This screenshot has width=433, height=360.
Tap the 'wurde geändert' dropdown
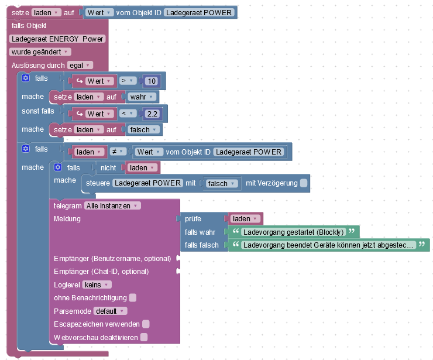(x=40, y=52)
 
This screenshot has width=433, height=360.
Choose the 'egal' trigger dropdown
(x=80, y=66)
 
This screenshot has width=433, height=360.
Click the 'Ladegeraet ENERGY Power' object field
(x=57, y=39)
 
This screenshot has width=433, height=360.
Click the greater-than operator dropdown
(x=127, y=81)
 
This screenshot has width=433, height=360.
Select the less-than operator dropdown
(x=127, y=114)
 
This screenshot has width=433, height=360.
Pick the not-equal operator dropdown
(x=116, y=152)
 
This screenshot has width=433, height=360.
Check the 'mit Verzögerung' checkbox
(x=304, y=183)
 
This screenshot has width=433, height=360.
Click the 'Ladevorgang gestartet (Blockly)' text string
(x=293, y=232)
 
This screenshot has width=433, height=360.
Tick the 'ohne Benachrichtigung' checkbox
(x=133, y=298)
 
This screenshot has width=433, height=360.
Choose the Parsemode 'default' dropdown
(x=110, y=311)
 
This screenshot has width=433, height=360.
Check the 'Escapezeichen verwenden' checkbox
(x=146, y=324)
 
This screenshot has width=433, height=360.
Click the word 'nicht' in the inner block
(x=108, y=168)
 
